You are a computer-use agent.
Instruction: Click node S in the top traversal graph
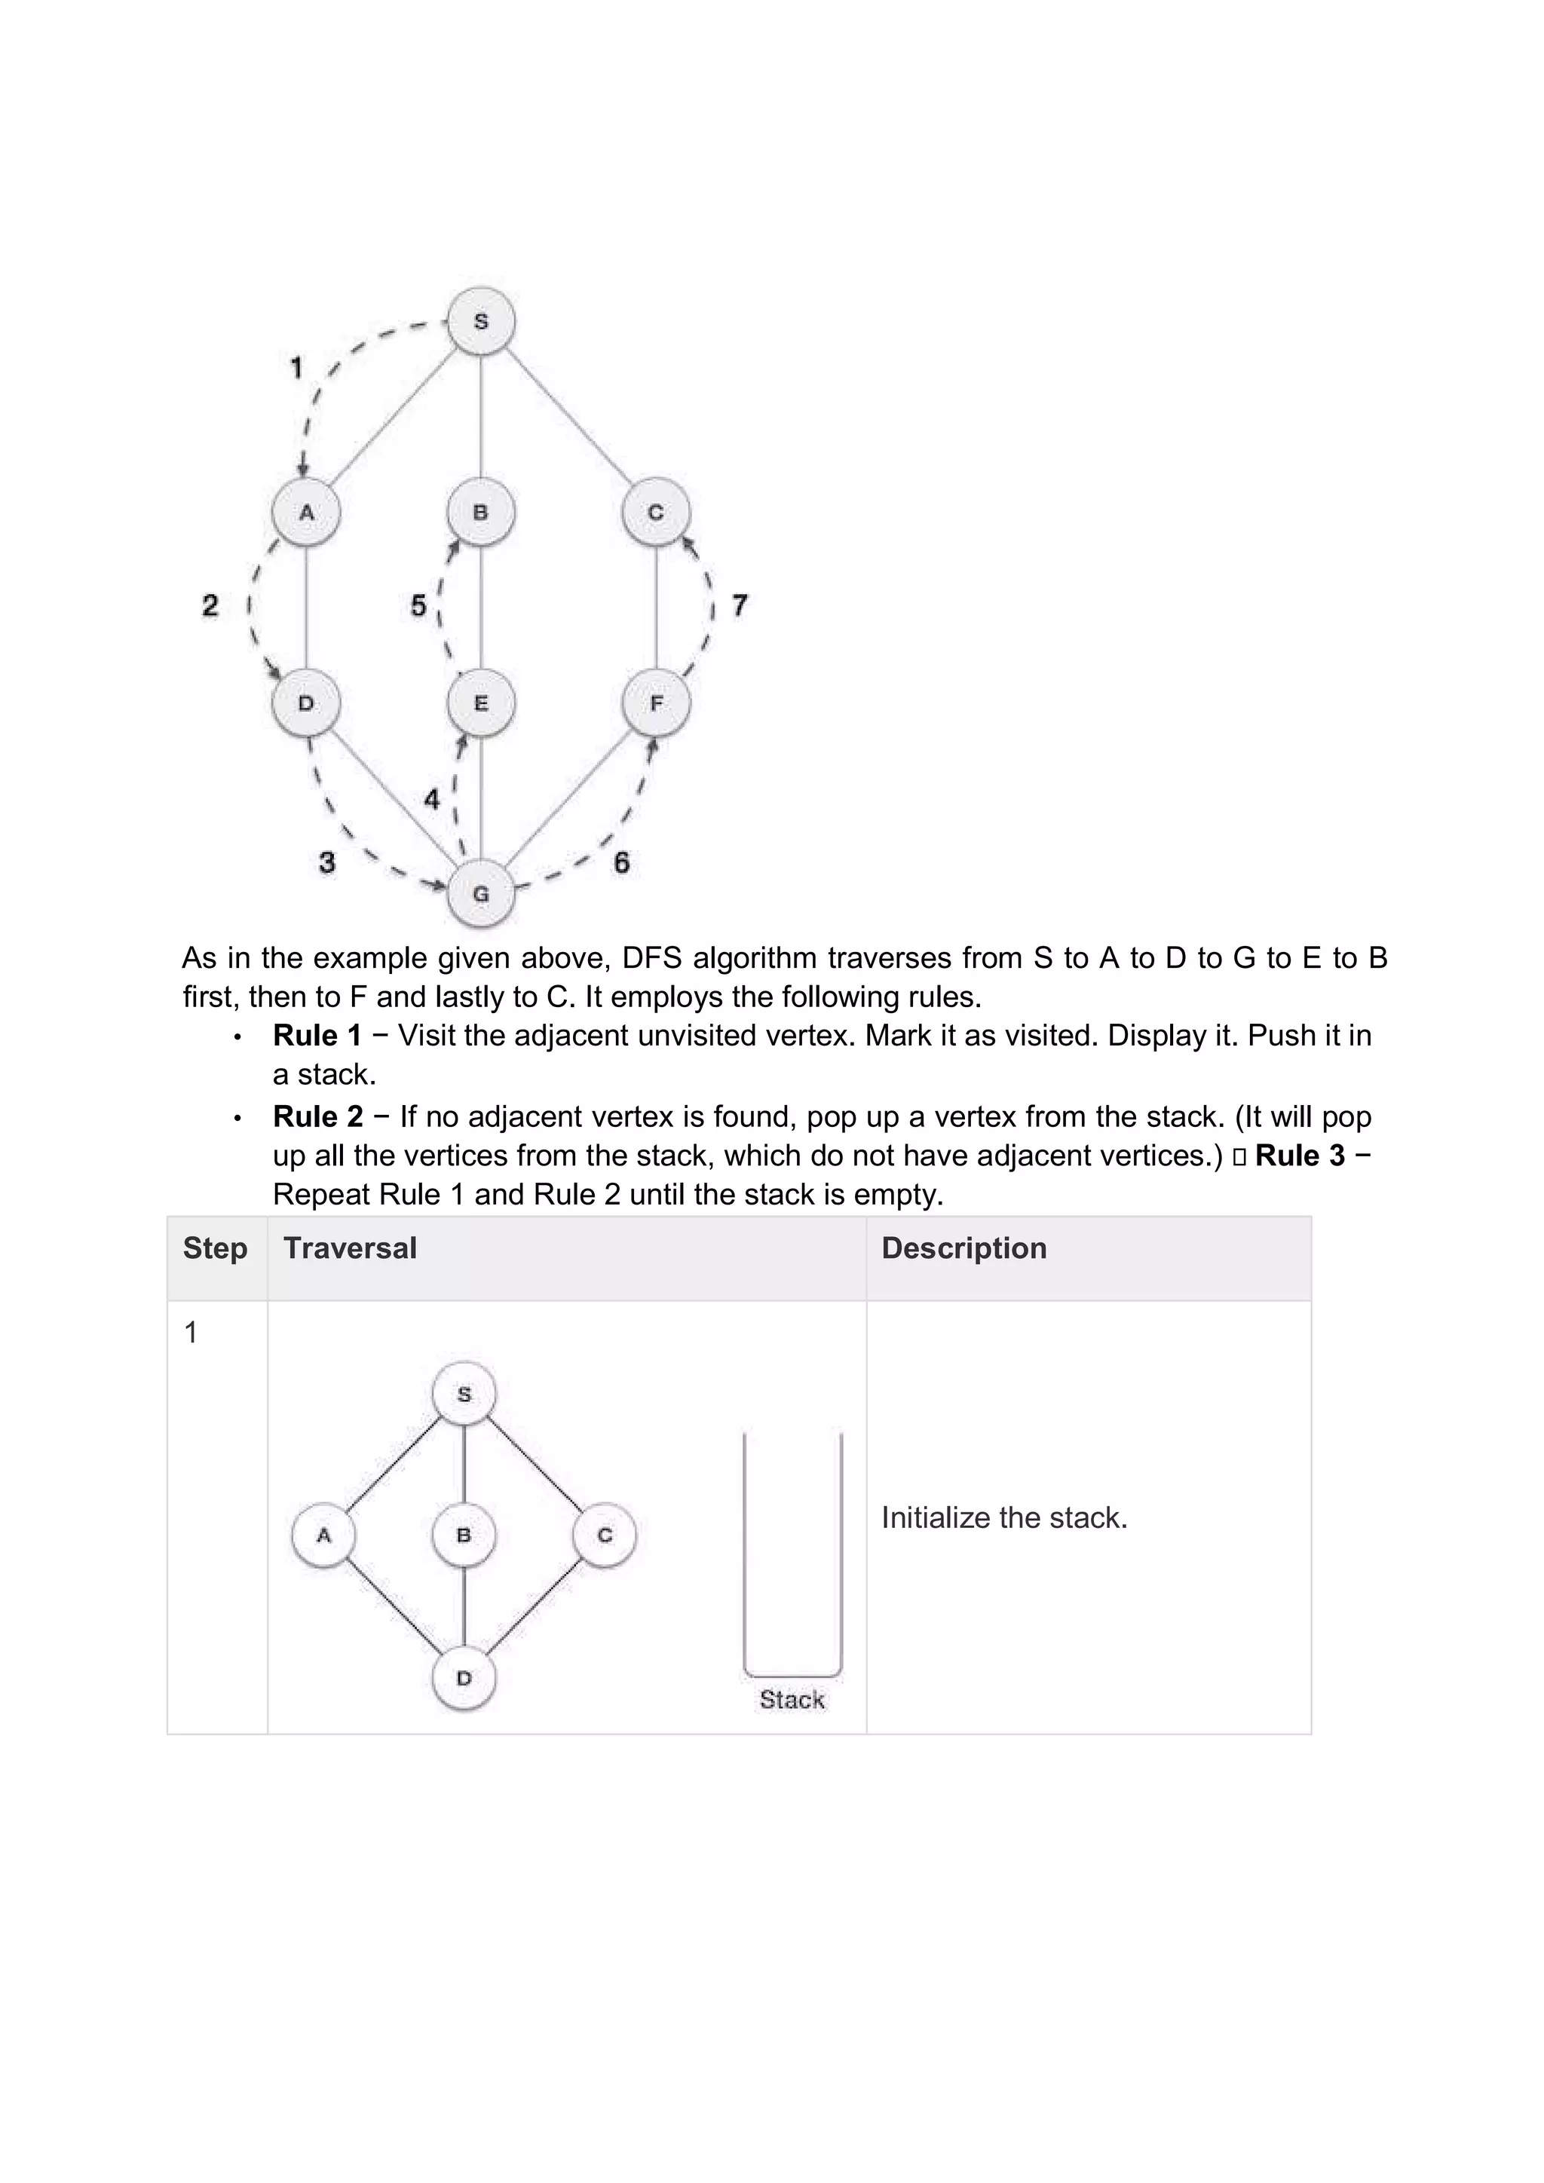coord(481,321)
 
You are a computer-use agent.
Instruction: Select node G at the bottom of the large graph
coord(481,894)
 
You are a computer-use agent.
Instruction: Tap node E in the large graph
coord(481,703)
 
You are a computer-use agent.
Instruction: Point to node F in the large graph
coord(656,703)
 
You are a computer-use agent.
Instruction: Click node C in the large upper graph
coord(656,513)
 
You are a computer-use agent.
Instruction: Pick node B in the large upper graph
coord(481,513)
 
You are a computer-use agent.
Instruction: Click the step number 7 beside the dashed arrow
coord(740,605)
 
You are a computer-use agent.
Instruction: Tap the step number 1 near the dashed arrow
coord(296,367)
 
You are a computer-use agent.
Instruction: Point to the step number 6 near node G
coord(622,862)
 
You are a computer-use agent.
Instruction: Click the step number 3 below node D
coord(327,862)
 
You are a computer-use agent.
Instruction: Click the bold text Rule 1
coord(317,1036)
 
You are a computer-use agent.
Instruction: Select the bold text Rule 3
coord(1300,1156)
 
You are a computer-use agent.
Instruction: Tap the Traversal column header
coord(350,1248)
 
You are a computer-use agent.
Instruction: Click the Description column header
coord(964,1248)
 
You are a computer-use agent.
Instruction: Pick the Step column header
coord(215,1248)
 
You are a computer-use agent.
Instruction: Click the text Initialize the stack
coord(1004,1517)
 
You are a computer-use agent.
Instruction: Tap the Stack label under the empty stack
coord(792,1699)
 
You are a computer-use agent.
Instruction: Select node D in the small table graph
coord(464,1678)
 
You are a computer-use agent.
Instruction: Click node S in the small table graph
coord(464,1395)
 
